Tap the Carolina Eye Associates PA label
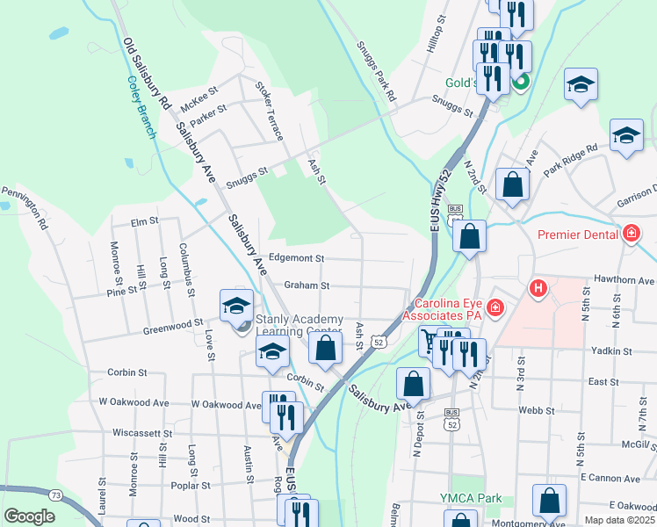point(444,307)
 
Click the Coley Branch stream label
point(140,106)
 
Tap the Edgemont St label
point(297,258)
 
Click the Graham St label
point(307,285)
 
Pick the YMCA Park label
point(471,498)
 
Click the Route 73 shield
point(55,495)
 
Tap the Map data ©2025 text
point(619,520)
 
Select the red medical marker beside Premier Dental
point(631,234)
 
